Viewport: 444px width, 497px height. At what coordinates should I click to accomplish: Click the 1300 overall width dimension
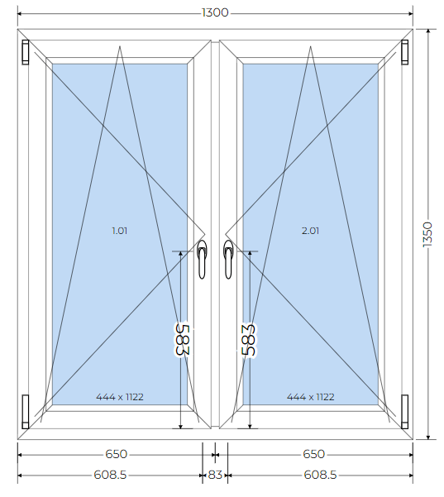coord(215,12)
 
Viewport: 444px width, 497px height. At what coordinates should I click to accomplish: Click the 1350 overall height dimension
coord(427,234)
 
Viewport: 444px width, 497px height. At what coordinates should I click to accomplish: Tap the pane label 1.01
coord(120,231)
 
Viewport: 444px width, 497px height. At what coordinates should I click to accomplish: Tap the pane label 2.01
coord(310,231)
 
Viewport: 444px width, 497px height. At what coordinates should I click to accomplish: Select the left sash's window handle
coord(202,259)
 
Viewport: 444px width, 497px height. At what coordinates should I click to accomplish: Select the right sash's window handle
coord(228,259)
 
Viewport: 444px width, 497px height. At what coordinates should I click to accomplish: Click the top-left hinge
coord(26,52)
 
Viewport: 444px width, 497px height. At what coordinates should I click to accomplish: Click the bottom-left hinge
coord(26,412)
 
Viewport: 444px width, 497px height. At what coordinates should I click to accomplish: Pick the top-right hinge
coord(404,52)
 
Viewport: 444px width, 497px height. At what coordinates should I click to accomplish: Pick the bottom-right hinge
coord(404,412)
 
